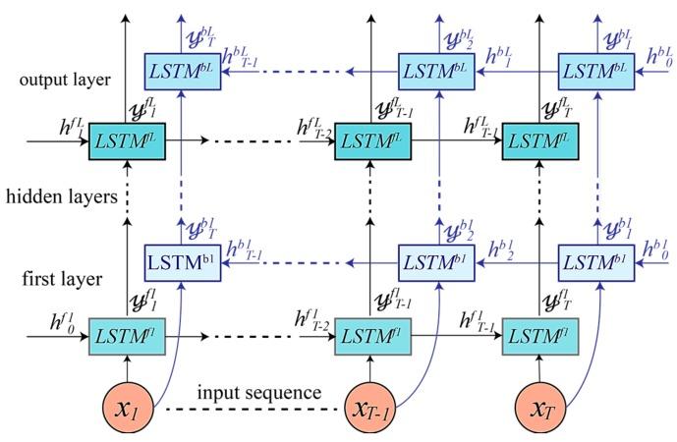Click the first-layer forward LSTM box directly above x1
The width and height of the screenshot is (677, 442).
coord(126,335)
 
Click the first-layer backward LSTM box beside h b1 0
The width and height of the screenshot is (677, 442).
coord(599,263)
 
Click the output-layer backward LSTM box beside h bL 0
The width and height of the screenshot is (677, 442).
coord(599,71)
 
